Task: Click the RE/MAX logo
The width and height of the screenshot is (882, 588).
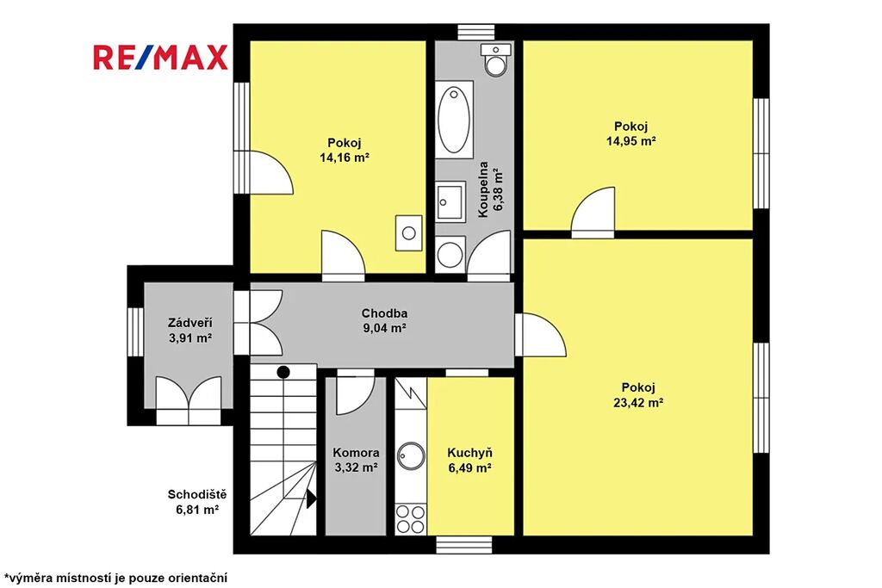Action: click(160, 57)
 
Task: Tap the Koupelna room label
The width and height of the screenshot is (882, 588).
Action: click(482, 190)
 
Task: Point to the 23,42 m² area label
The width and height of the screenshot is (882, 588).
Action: click(638, 403)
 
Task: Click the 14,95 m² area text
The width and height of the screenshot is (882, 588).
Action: click(631, 141)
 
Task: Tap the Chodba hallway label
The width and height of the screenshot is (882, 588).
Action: click(385, 313)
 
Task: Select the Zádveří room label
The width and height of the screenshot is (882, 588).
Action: click(190, 323)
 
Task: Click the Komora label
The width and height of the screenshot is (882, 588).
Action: click(356, 453)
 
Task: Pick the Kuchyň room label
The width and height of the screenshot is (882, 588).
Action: click(470, 453)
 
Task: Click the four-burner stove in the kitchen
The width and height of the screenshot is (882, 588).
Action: click(411, 519)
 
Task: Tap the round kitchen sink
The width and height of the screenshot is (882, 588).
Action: click(411, 455)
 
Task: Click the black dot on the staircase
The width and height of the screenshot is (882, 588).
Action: click(283, 372)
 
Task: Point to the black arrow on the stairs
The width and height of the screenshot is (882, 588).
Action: click(311, 498)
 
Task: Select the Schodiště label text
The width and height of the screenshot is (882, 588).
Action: click(197, 495)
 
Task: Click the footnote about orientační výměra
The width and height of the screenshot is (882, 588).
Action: click(115, 578)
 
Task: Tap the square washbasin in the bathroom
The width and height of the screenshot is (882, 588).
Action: click(450, 201)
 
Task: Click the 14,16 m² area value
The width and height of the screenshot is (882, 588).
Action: click(345, 158)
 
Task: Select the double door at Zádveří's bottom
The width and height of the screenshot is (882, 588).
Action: click(189, 400)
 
